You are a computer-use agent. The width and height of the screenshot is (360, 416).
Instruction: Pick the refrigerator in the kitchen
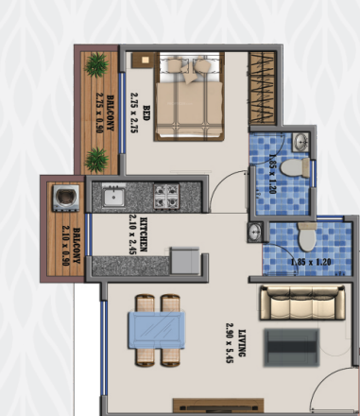pos(183,261)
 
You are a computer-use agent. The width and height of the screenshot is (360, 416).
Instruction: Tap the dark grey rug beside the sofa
pos(288,348)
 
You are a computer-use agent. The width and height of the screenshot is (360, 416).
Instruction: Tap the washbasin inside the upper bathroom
pos(300,142)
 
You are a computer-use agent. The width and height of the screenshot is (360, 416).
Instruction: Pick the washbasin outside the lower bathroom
pos(254,233)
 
